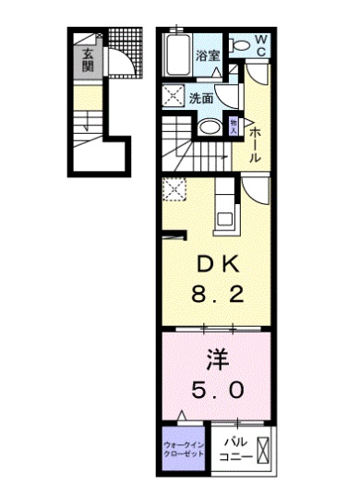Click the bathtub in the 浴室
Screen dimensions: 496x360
pyautogui.click(x=177, y=55)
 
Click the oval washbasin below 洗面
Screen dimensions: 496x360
pyautogui.click(x=210, y=127)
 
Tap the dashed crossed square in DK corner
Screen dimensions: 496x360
pyautogui.click(x=173, y=190)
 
